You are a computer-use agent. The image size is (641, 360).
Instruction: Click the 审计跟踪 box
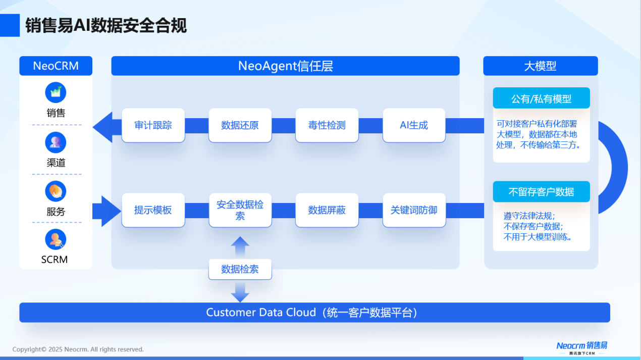coord(153,125)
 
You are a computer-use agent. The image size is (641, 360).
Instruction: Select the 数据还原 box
coord(240,125)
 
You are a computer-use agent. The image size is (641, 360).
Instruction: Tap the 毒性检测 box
coord(327,125)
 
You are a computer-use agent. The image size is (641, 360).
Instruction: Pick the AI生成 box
coord(414,125)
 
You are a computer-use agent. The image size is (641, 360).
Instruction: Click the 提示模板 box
coord(153,210)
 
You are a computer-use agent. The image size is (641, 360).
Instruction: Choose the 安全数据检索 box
coord(240,210)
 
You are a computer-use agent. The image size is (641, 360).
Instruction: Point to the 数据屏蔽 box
coord(327,210)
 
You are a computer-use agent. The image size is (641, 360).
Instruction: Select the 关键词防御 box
coord(414,210)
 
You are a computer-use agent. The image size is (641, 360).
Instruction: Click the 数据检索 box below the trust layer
coord(240,269)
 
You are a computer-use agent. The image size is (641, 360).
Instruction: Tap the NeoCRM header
coord(56,66)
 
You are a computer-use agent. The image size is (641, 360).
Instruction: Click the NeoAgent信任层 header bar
coord(285,66)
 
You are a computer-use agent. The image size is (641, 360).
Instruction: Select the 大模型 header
coord(541,66)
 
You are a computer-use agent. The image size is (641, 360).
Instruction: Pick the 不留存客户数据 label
coord(542,192)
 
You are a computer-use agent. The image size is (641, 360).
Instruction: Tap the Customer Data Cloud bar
coord(315,313)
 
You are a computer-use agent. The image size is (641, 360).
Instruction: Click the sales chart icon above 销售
coord(56,92)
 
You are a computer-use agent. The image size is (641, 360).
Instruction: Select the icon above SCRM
coord(56,239)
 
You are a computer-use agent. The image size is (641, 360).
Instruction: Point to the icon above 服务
coord(56,191)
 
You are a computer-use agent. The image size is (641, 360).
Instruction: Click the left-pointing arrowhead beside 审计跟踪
coord(102,127)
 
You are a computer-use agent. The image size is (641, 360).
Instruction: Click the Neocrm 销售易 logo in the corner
coord(582,348)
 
